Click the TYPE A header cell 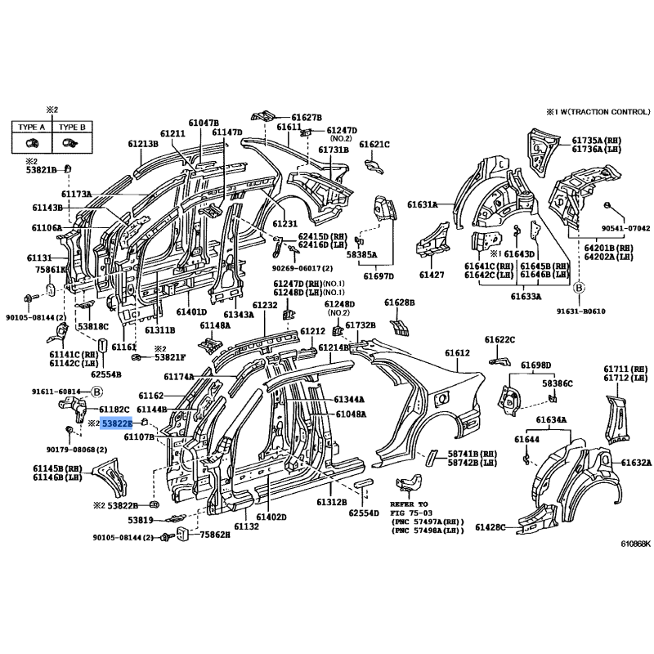32,127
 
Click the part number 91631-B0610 606,310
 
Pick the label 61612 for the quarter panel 458,352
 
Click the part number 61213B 142,144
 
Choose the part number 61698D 536,365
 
